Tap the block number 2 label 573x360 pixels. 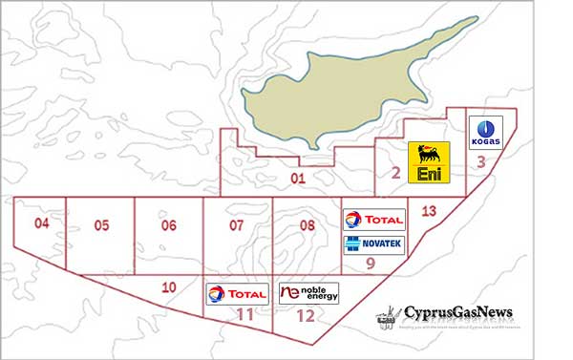point(395,173)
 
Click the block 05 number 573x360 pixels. point(102,225)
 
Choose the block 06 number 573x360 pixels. point(169,225)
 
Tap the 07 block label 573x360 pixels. point(238,225)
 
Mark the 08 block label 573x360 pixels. point(308,225)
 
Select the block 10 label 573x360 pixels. point(169,286)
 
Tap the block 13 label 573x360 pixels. point(429,211)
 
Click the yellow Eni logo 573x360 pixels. point(427,162)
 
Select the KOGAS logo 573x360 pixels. point(486,132)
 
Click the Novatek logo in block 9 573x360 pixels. point(373,244)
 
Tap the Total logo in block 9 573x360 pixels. point(373,220)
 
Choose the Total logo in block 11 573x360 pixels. point(236,293)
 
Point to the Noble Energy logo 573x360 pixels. point(308,292)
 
